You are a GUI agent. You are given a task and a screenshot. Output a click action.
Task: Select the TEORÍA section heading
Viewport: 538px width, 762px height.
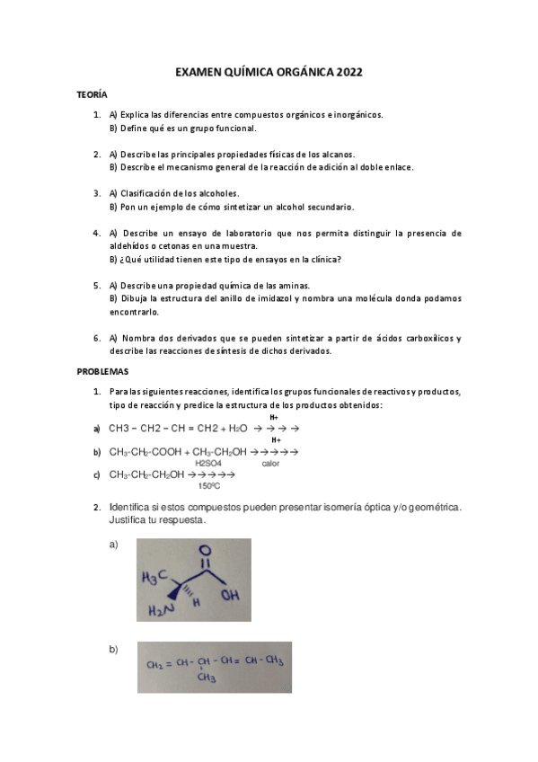(x=93, y=94)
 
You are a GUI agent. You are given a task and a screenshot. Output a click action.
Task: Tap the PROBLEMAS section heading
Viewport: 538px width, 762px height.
(x=102, y=371)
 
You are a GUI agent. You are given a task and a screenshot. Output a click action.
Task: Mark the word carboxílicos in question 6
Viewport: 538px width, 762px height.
(x=431, y=338)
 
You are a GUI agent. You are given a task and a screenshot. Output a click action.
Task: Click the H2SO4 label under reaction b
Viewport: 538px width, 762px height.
(x=207, y=464)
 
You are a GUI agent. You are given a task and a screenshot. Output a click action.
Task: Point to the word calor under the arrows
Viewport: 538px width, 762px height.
(x=270, y=464)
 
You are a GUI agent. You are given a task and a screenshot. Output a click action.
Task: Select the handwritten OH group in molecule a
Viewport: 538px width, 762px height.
(x=229, y=593)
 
